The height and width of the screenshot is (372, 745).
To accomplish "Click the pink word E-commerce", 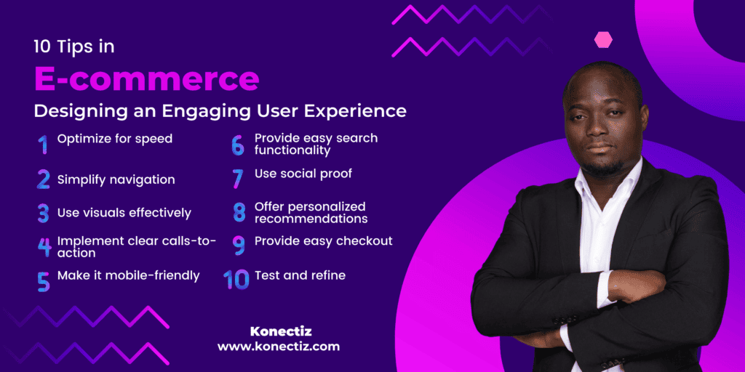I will click(146, 78).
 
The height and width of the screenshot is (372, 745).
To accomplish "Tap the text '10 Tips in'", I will click(73, 46).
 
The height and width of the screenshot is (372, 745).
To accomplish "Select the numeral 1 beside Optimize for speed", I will click(43, 144).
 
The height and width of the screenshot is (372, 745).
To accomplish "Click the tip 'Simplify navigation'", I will click(116, 179).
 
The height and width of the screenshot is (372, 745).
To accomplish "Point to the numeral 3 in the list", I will click(44, 214).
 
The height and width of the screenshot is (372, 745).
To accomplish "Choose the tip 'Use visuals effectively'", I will click(124, 213).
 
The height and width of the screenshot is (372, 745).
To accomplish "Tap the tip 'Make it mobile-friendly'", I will click(128, 275).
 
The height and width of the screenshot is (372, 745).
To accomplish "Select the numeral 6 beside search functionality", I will click(238, 145).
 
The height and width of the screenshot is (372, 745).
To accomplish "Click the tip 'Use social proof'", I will click(303, 174).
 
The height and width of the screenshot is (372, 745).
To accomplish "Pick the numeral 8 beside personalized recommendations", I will click(239, 213).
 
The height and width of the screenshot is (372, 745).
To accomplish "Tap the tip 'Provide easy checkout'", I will click(323, 240).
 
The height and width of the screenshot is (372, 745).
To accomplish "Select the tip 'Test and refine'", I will click(300, 275).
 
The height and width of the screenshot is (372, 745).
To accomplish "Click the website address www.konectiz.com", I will click(278, 347).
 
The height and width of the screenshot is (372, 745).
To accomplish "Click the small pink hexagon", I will click(603, 40).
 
